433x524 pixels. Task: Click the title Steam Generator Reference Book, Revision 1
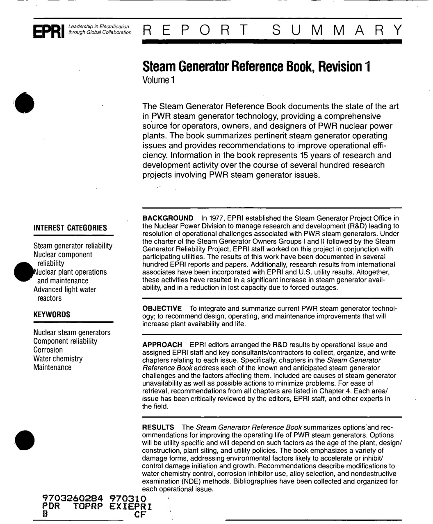256,66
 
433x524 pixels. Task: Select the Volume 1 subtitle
158,79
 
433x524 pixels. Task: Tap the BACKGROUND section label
168,218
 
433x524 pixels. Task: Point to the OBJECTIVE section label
162,308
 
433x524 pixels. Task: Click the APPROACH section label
162,345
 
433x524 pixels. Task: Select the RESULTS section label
158,427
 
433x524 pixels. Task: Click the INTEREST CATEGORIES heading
70,228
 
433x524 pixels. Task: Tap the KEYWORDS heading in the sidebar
52,315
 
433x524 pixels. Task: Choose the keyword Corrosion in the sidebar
48,350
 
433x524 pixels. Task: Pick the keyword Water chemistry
58,359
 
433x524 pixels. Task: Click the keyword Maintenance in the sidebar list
52,367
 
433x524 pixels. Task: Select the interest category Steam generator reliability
73,246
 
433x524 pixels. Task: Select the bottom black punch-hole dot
24,440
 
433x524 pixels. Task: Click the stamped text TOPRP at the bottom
89,506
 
